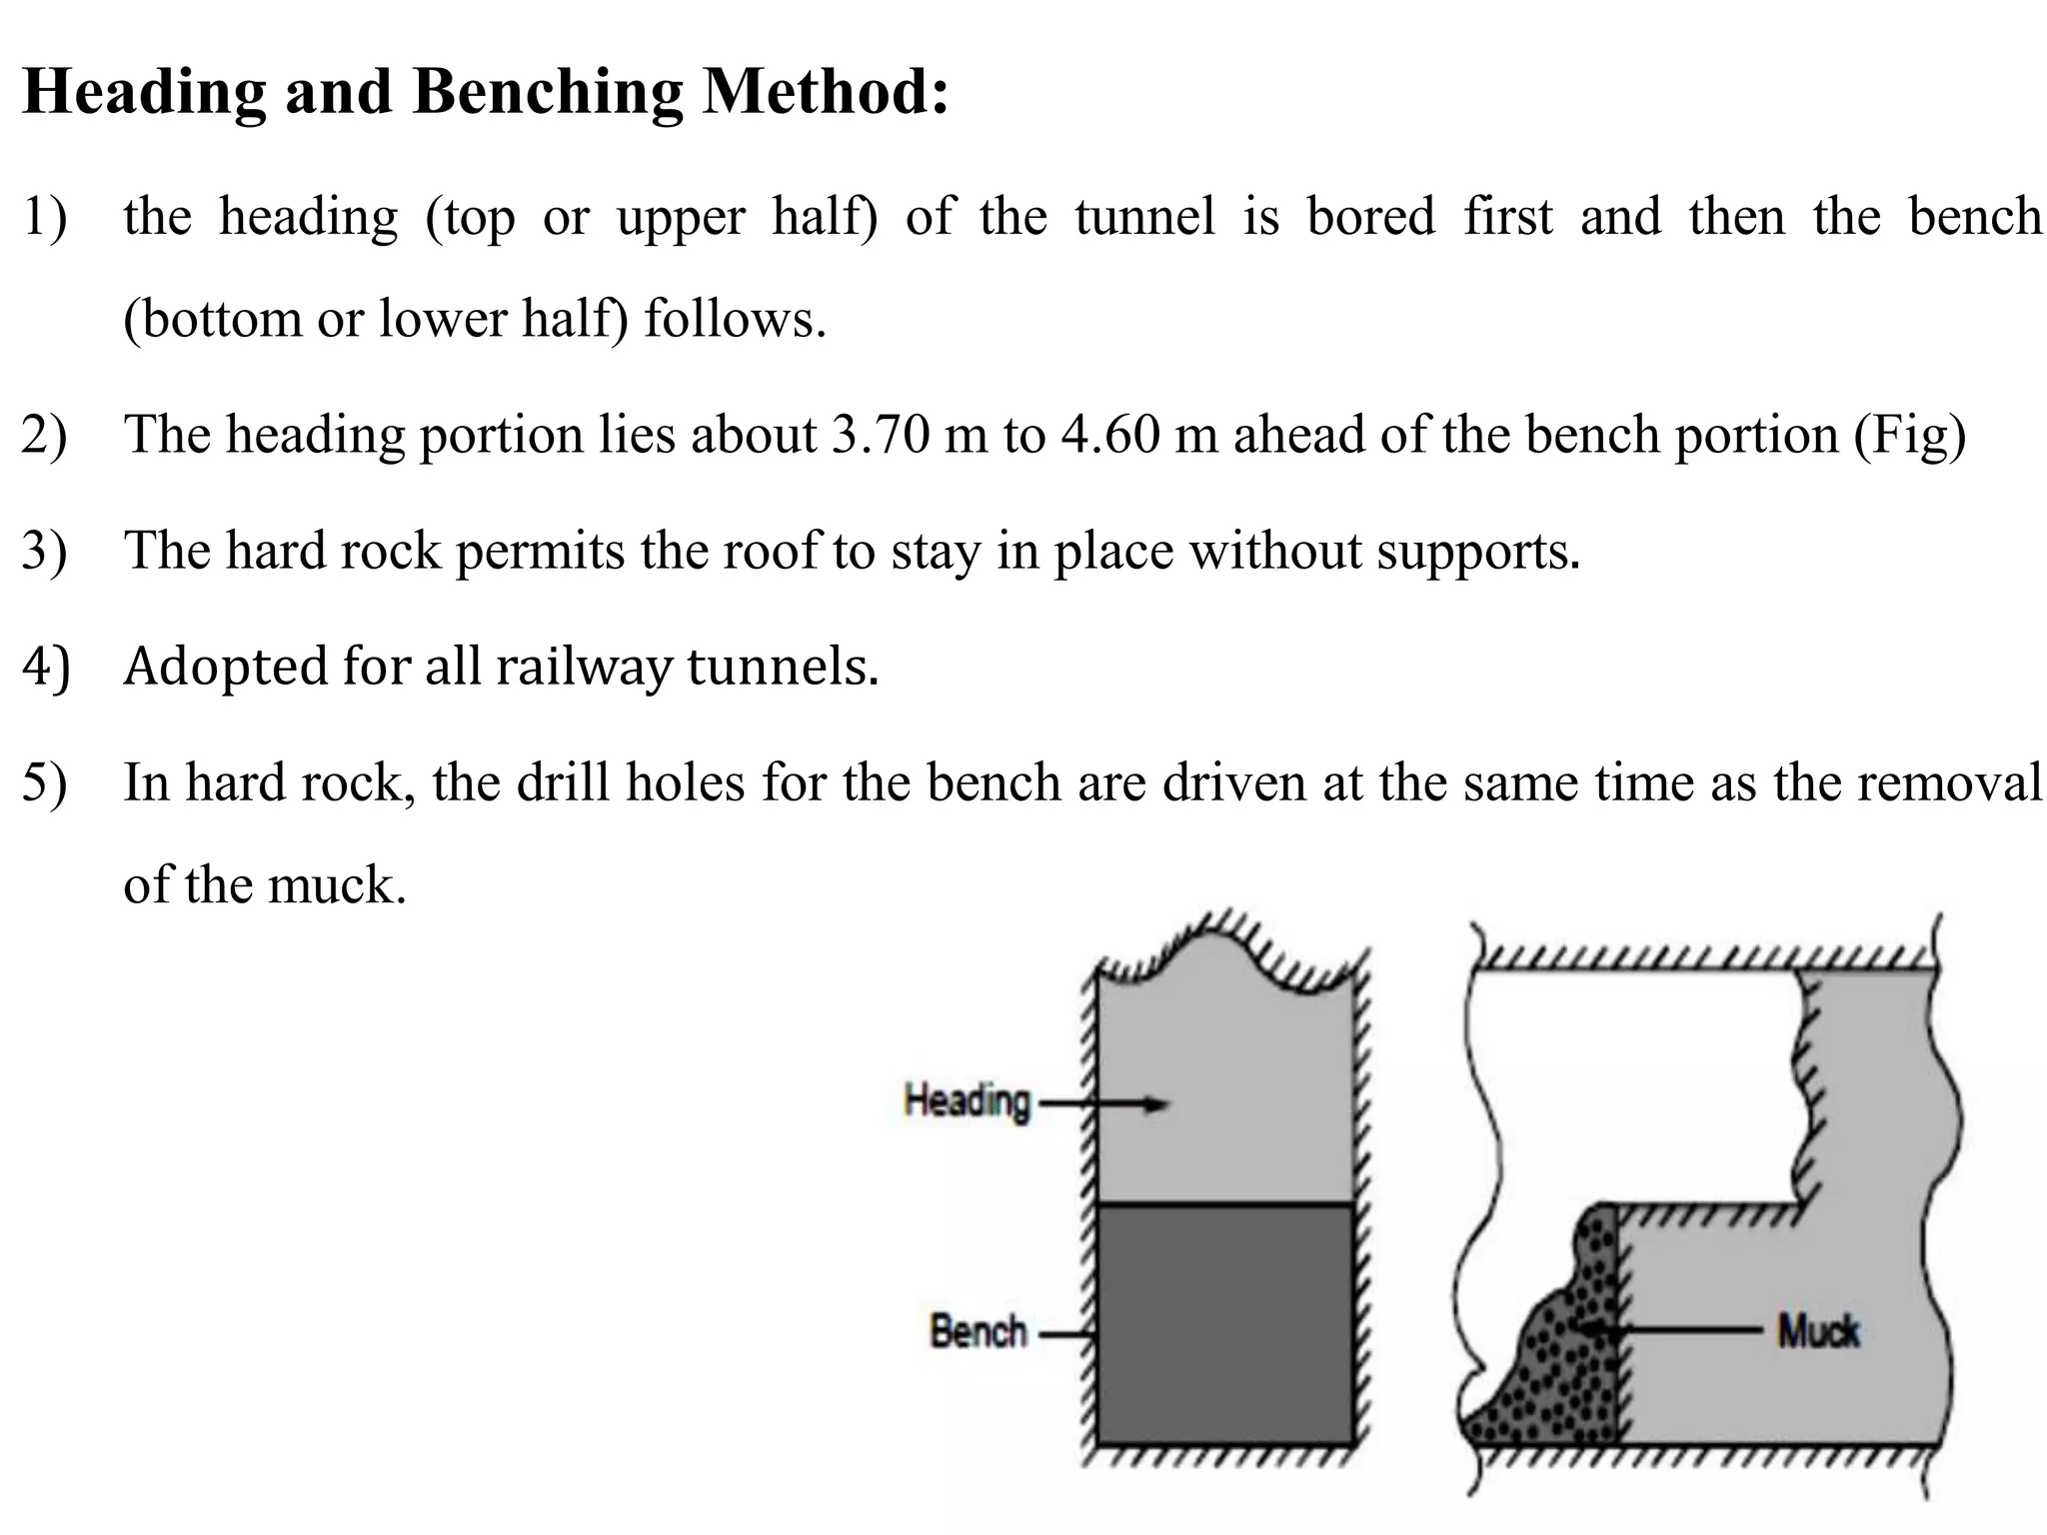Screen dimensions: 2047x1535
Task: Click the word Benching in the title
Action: [x=547, y=92]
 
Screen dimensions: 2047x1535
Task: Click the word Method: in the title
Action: [x=826, y=92]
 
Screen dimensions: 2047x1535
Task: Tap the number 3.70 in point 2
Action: [x=881, y=436]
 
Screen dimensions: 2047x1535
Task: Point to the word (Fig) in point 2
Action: [x=1910, y=436]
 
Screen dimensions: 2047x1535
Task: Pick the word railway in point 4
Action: [x=584, y=667]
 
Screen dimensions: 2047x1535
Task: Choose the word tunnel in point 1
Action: [x=1144, y=217]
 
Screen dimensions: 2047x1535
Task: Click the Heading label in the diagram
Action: [x=966, y=1101]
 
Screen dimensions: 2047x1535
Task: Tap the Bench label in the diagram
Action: [x=978, y=1332]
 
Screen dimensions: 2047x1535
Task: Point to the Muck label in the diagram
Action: [x=1817, y=1331]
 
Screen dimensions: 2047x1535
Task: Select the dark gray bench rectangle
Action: [x=1224, y=1324]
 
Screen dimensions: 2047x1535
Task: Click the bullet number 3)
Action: [x=44, y=551]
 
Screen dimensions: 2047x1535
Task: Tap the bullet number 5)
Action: [x=44, y=782]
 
